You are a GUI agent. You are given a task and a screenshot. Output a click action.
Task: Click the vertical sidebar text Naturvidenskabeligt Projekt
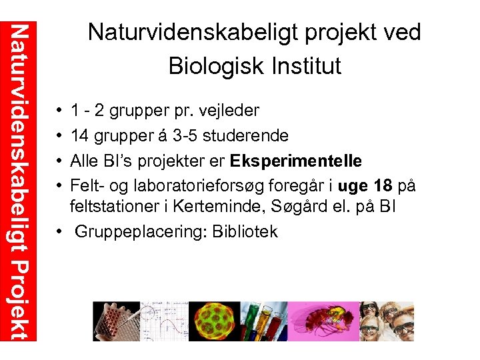click(x=21, y=180)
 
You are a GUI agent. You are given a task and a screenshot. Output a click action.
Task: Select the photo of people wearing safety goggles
click(x=387, y=321)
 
